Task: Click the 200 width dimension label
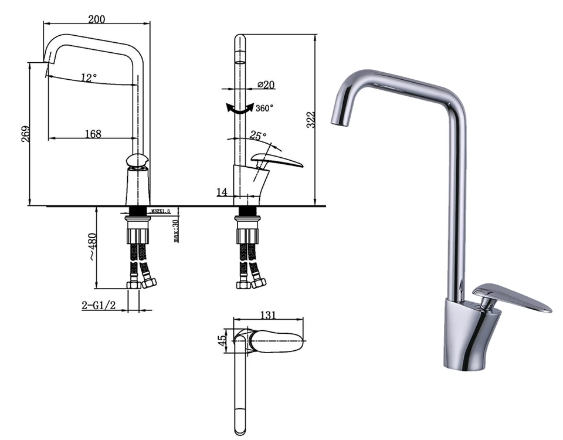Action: pos(97,19)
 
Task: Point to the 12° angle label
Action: pos(89,77)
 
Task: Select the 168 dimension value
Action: pos(93,134)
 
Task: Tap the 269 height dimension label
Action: pos(26,134)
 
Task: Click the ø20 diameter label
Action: pos(266,84)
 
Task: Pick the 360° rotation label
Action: pos(264,108)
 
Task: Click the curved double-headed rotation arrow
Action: pos(240,109)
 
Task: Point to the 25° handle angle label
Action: pos(259,136)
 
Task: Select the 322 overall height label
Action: pos(311,120)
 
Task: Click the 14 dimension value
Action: pos(222,192)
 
